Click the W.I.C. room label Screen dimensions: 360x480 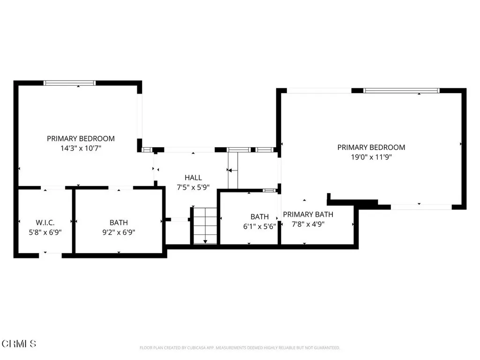coord(45,223)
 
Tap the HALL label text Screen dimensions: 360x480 coord(193,178)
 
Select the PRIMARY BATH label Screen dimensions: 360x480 coord(308,215)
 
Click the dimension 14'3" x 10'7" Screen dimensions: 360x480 coord(81,148)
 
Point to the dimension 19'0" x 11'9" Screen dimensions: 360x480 coord(371,157)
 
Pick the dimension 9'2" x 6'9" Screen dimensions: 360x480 coord(119,232)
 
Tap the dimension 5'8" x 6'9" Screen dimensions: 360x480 coord(45,232)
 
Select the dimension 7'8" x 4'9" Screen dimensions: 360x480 coord(308,224)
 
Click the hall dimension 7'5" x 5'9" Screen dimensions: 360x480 coord(193,187)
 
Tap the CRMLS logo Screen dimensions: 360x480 coord(19,344)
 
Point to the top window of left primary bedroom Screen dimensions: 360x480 coord(70,83)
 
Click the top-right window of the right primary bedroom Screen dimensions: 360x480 coord(401,90)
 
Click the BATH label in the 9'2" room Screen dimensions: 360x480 coord(119,223)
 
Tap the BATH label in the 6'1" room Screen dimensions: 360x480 coord(259,217)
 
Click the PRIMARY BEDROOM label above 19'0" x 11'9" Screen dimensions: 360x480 coord(371,147)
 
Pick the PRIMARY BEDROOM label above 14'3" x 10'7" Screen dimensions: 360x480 coord(81,139)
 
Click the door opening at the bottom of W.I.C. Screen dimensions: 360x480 coord(50,255)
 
